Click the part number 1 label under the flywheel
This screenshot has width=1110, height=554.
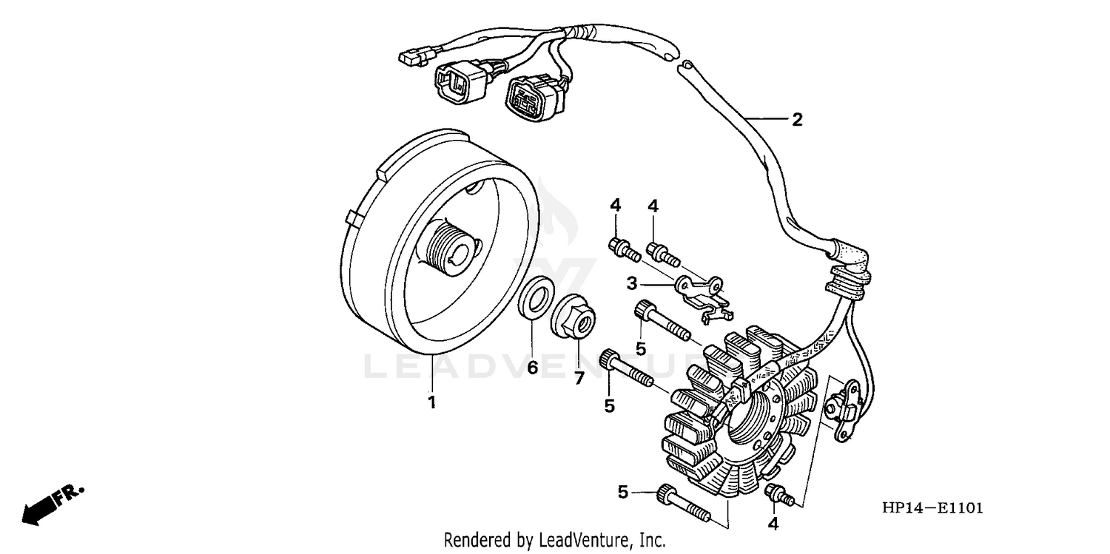431,402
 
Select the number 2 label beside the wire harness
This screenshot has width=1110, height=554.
796,120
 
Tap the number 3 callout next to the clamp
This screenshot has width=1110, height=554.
631,283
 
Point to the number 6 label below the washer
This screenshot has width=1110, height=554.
532,368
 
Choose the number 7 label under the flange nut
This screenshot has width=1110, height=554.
579,378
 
